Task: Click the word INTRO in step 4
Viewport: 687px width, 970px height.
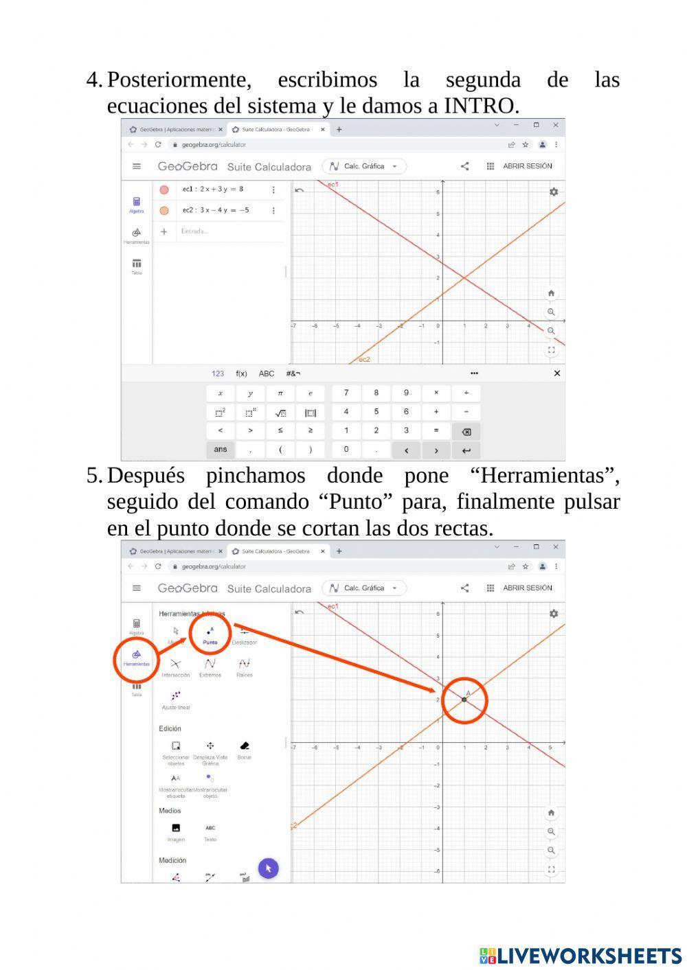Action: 480,106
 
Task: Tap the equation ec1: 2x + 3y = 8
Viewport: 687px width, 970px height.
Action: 212,189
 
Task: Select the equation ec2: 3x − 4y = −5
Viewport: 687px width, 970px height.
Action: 215,210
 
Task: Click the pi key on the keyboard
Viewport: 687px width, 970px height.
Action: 280,393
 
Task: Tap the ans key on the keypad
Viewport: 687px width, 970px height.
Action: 220,450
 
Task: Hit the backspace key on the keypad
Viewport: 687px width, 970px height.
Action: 466,432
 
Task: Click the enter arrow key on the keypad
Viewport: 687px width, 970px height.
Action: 466,450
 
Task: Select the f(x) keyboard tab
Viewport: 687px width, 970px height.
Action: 241,373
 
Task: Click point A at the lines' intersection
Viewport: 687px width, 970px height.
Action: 464,700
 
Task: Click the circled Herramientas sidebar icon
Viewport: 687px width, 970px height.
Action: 136,658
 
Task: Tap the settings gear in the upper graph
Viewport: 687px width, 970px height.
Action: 554,192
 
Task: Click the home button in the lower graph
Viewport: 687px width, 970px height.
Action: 551,813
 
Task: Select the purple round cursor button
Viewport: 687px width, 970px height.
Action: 268,868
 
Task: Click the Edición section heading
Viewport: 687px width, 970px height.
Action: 170,728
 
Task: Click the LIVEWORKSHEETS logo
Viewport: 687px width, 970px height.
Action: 581,956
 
